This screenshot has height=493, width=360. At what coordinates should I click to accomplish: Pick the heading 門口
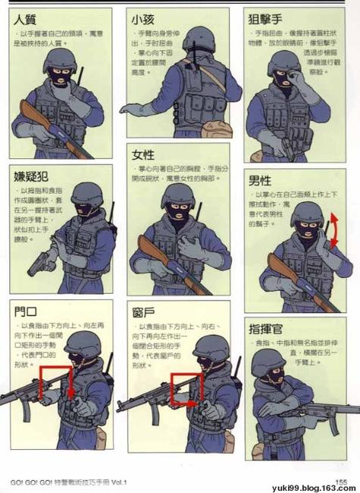26,310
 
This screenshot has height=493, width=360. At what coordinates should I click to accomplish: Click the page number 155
341,481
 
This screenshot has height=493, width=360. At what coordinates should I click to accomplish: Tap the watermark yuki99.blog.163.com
313,488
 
